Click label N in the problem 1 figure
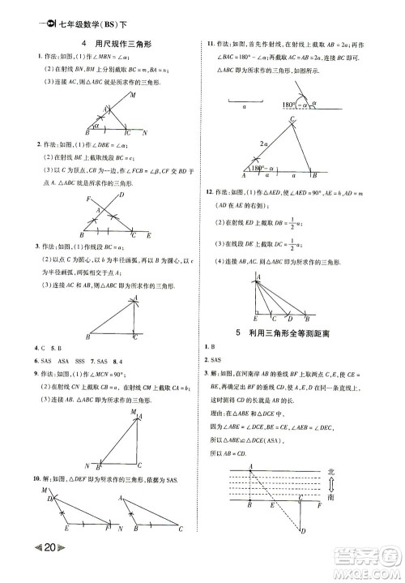click(144, 132)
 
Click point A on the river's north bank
click(250, 465)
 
